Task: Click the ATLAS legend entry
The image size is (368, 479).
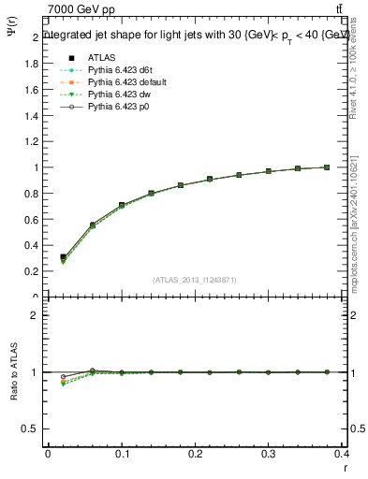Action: [101, 56]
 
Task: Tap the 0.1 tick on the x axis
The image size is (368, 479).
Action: [122, 455]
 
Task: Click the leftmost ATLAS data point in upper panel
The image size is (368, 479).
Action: [64, 256]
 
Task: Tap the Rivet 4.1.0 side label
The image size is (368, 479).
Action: [358, 70]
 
